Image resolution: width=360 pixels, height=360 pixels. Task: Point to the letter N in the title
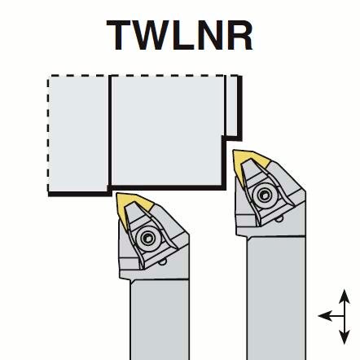(211, 35)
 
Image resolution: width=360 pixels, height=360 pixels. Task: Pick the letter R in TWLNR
(240, 35)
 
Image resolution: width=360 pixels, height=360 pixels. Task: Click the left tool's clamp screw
(148, 239)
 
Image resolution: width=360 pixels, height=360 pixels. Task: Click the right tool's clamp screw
(265, 195)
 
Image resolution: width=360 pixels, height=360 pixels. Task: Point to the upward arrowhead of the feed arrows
(345, 296)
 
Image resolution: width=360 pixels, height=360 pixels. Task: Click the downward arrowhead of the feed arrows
(345, 337)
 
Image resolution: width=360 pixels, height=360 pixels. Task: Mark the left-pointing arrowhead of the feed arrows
(325, 316)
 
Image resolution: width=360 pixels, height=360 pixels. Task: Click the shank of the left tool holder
(160, 320)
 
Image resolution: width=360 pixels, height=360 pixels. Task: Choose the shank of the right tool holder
(276, 298)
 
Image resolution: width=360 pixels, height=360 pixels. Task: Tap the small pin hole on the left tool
(163, 262)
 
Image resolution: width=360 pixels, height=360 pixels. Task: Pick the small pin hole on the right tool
(279, 218)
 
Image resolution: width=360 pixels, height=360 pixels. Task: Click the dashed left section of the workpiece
(79, 134)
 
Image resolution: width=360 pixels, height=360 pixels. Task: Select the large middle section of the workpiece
(168, 132)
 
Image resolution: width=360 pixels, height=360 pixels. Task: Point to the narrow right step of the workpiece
(233, 107)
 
